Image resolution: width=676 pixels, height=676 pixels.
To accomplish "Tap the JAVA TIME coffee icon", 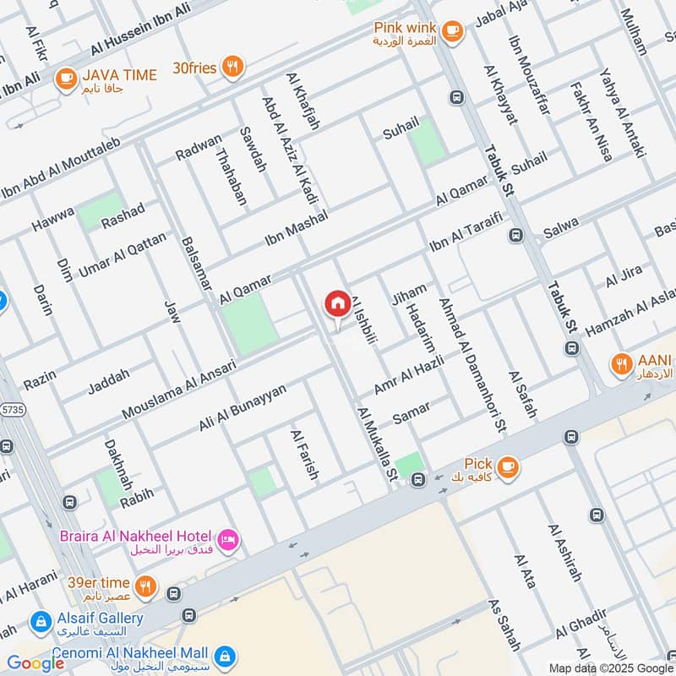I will pos(64,79).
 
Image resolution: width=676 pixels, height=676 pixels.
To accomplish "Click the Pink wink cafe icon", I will pos(453,30).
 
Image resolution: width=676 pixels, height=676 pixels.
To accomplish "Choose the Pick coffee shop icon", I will pos(508,466).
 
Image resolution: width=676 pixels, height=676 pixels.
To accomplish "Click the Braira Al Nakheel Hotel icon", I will pos(228,539).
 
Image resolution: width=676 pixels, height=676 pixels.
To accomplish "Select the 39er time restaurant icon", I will pos(146,585).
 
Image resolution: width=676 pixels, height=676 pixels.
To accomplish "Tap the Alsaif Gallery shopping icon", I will pos(39,624).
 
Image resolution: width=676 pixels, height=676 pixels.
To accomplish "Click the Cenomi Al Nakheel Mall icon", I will pos(224,655).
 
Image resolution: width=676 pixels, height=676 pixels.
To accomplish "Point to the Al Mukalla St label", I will pos(377,445).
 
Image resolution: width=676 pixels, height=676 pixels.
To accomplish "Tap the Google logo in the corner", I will pos(36,662).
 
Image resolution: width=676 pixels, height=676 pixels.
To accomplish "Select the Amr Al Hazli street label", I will pos(408,372).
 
